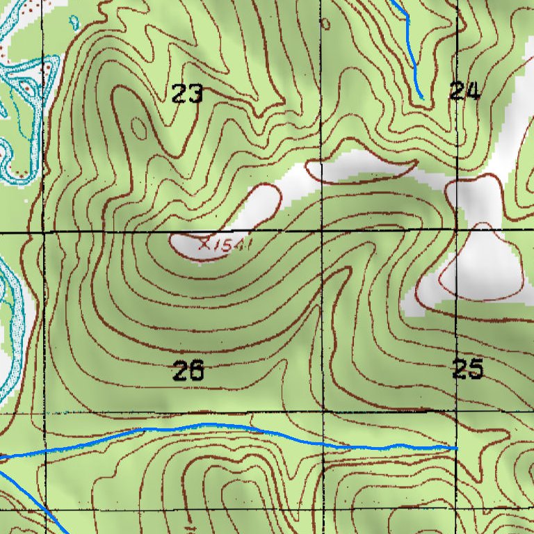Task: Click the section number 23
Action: click(187, 93)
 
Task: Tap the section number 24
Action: click(464, 91)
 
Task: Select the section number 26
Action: click(188, 372)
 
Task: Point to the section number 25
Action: click(467, 369)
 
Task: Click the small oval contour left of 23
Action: click(138, 127)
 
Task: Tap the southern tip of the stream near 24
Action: click(421, 97)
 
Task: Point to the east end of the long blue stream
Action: click(456, 448)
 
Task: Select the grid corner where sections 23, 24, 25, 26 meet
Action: click(322, 229)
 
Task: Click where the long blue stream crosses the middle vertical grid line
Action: click(323, 444)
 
